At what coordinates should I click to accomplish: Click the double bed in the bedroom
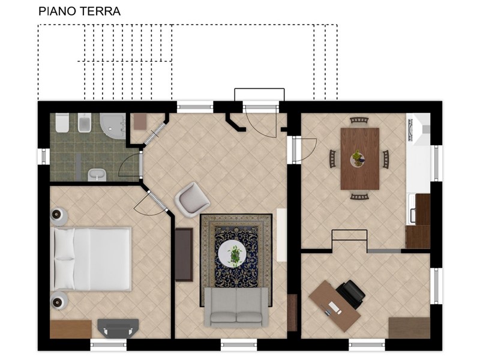tap(92, 259)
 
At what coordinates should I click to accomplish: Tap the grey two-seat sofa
tap(236, 307)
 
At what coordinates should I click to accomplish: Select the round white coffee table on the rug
tap(232, 253)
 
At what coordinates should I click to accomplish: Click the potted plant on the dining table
tap(357, 157)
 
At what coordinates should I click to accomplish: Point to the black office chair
tap(351, 294)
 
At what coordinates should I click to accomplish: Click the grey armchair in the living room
tap(192, 200)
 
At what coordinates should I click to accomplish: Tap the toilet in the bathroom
tap(62, 123)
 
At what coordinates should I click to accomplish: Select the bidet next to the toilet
tap(85, 123)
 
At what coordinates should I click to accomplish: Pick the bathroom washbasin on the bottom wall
tap(97, 175)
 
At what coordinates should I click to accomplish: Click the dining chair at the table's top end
tap(359, 121)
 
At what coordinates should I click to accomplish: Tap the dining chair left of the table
tap(333, 158)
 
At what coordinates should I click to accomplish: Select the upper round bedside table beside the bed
tap(58, 216)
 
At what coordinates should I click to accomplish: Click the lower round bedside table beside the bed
tap(58, 301)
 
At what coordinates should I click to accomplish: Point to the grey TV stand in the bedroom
tap(118, 328)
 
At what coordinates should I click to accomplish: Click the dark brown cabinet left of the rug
tap(184, 254)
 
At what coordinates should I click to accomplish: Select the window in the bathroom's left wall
tap(44, 157)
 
